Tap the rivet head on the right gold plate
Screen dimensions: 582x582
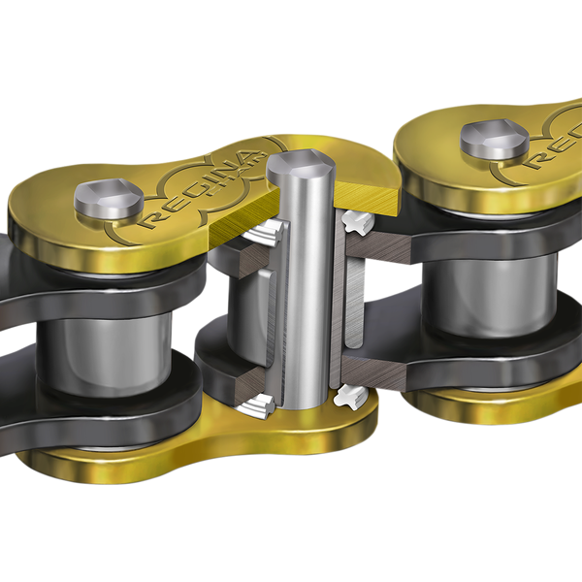tap(494, 138)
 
